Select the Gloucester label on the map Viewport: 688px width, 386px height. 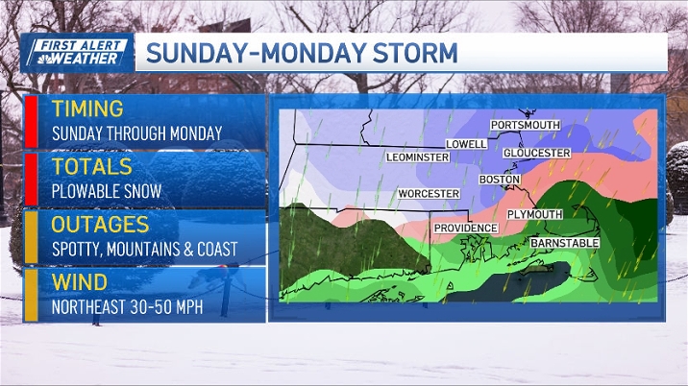(x=536, y=154)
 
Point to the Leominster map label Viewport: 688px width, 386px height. (x=417, y=157)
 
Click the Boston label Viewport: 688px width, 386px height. (x=500, y=180)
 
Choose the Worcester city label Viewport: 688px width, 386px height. (x=429, y=194)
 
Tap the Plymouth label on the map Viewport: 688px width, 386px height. (x=533, y=214)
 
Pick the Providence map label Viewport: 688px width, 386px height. (x=465, y=228)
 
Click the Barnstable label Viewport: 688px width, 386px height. (x=565, y=244)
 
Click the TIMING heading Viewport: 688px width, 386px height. (x=87, y=109)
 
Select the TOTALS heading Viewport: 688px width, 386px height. (x=91, y=167)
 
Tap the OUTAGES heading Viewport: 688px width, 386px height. (x=101, y=225)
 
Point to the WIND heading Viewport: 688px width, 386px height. (x=79, y=282)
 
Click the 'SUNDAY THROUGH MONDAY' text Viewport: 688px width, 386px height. (x=136, y=133)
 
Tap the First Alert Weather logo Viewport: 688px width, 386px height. (x=76, y=52)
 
